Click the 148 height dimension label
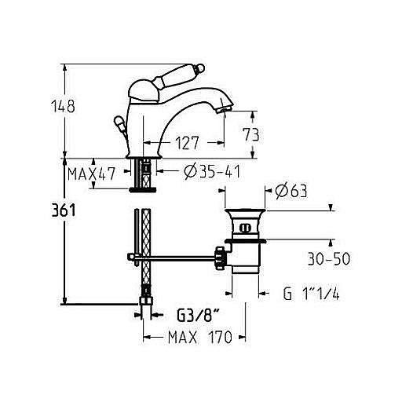click(63, 106)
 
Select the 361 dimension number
click(64, 210)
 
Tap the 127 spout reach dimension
click(187, 143)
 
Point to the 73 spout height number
click(251, 134)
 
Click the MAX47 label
click(91, 174)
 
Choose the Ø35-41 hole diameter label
click(212, 172)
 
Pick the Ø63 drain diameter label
click(291, 192)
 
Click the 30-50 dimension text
click(329, 259)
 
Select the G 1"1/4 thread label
click(311, 294)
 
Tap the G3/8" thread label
click(198, 316)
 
